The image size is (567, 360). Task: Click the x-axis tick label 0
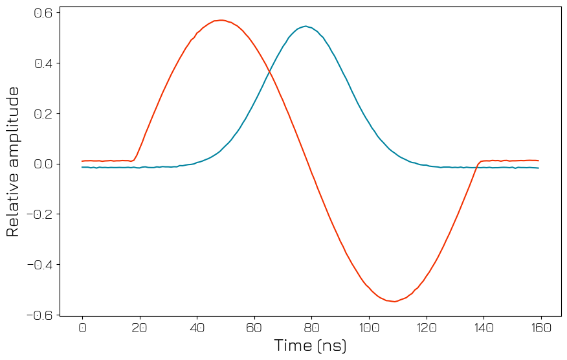[82, 328]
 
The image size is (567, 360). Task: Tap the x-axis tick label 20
[139, 328]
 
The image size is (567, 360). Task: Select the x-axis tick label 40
[197, 328]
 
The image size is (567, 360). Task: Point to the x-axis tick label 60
[254, 328]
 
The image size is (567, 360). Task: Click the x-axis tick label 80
[311, 328]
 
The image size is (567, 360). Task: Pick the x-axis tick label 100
[368, 328]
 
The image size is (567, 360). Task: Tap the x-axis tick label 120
[426, 328]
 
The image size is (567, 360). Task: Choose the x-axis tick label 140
[483, 328]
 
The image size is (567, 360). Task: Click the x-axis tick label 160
[540, 328]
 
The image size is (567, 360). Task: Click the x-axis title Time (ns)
[311, 346]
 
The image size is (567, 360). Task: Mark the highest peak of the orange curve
[221, 20]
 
